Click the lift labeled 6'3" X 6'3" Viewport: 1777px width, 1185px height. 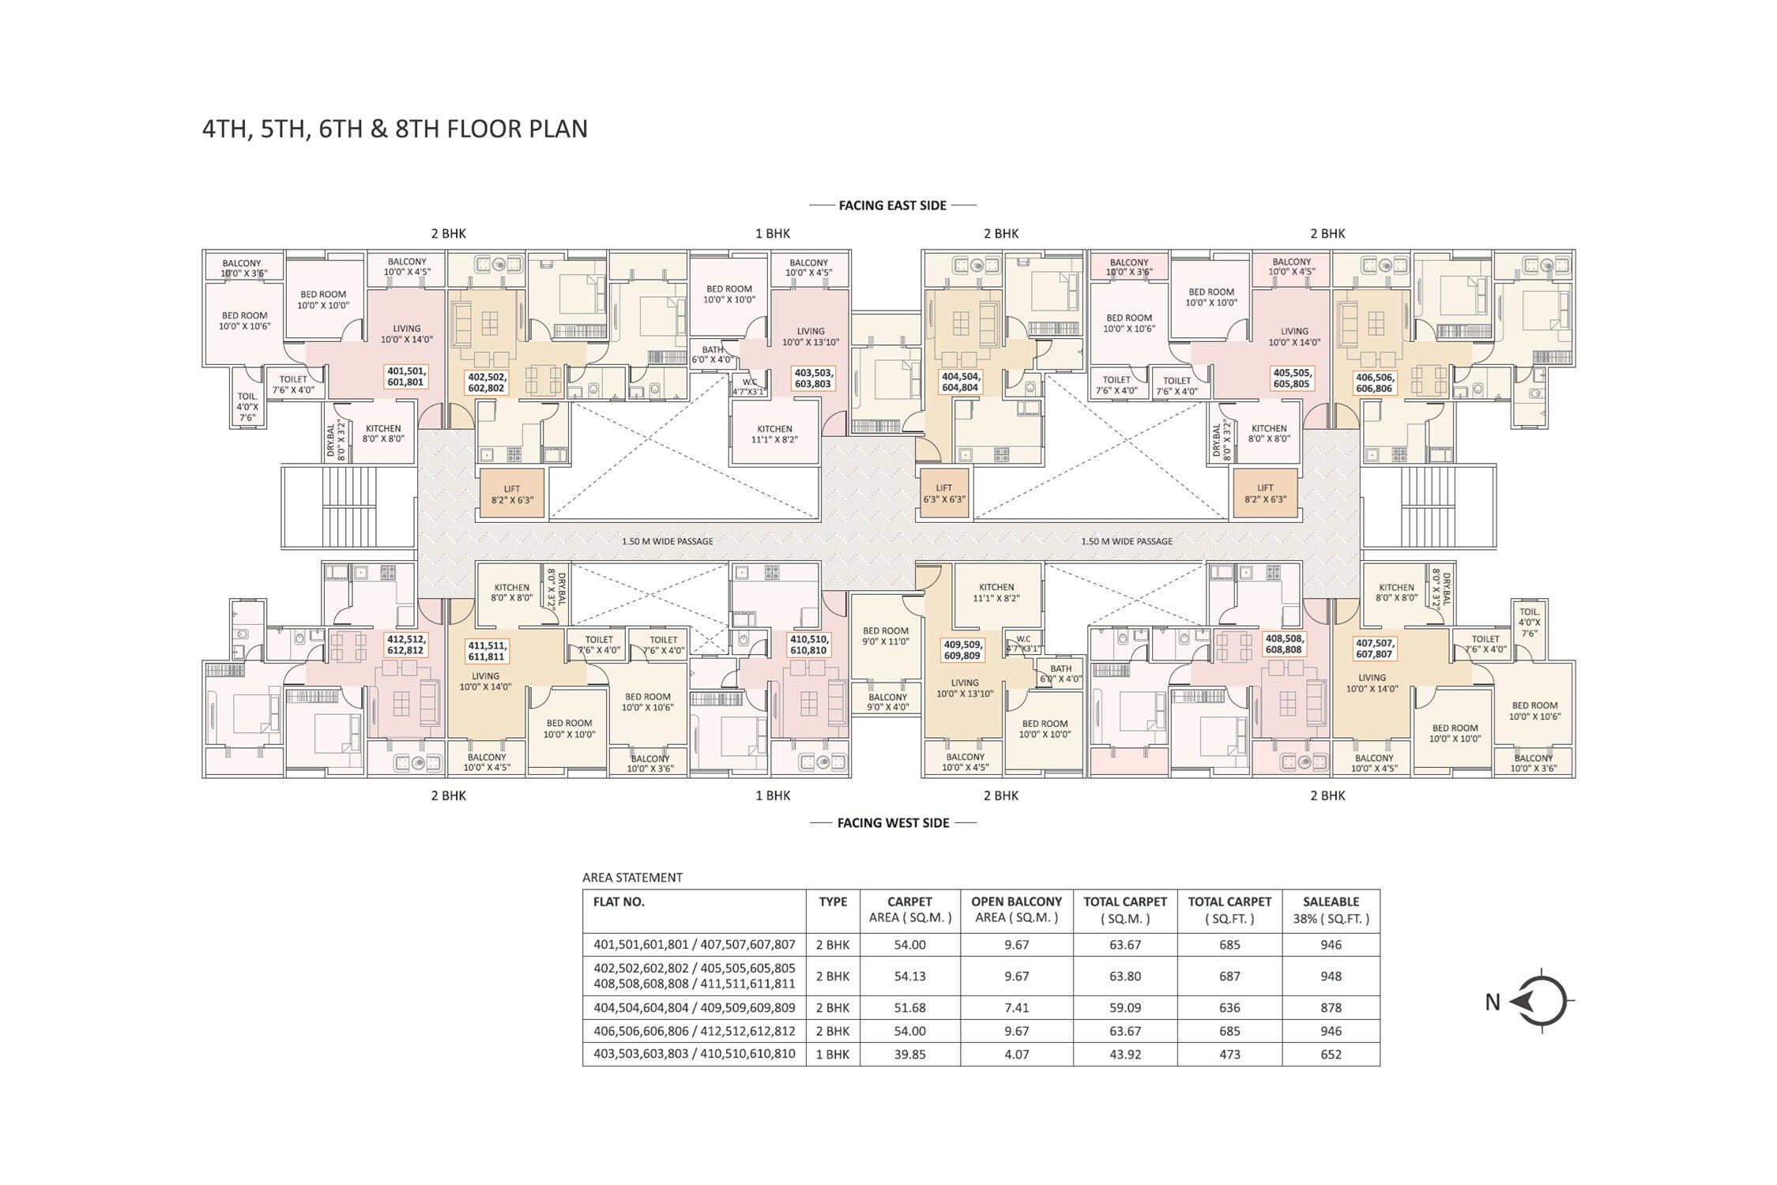[944, 494]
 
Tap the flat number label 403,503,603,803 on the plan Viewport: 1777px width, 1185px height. [813, 378]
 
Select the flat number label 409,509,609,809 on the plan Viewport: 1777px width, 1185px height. [962, 650]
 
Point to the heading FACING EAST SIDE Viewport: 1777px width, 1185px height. [893, 205]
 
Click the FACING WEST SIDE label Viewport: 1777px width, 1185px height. [893, 823]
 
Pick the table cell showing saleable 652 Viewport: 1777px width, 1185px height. [1331, 1054]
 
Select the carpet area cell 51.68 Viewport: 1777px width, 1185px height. [909, 1007]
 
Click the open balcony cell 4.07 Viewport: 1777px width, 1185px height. [1016, 1054]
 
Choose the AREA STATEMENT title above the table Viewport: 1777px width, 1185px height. [632, 877]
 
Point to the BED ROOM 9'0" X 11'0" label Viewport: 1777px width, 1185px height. [886, 636]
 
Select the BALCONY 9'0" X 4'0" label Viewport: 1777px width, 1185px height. [887, 702]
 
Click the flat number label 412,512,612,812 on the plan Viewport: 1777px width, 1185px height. [405, 645]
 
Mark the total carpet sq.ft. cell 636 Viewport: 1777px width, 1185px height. [1229, 1007]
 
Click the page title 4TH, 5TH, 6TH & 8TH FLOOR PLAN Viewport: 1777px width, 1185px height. [395, 129]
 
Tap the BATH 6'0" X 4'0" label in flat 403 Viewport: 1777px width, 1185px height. [713, 355]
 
